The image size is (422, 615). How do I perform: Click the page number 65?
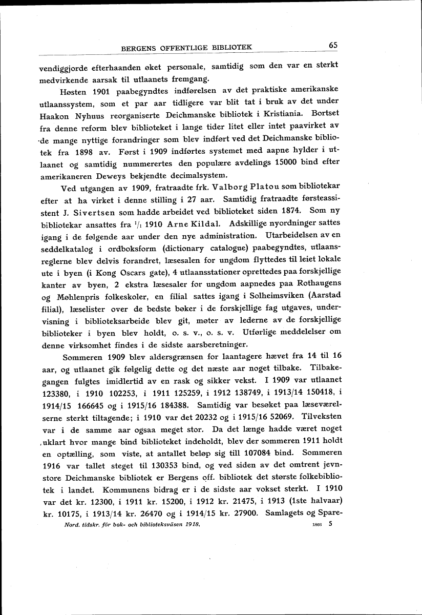tap(333, 45)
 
